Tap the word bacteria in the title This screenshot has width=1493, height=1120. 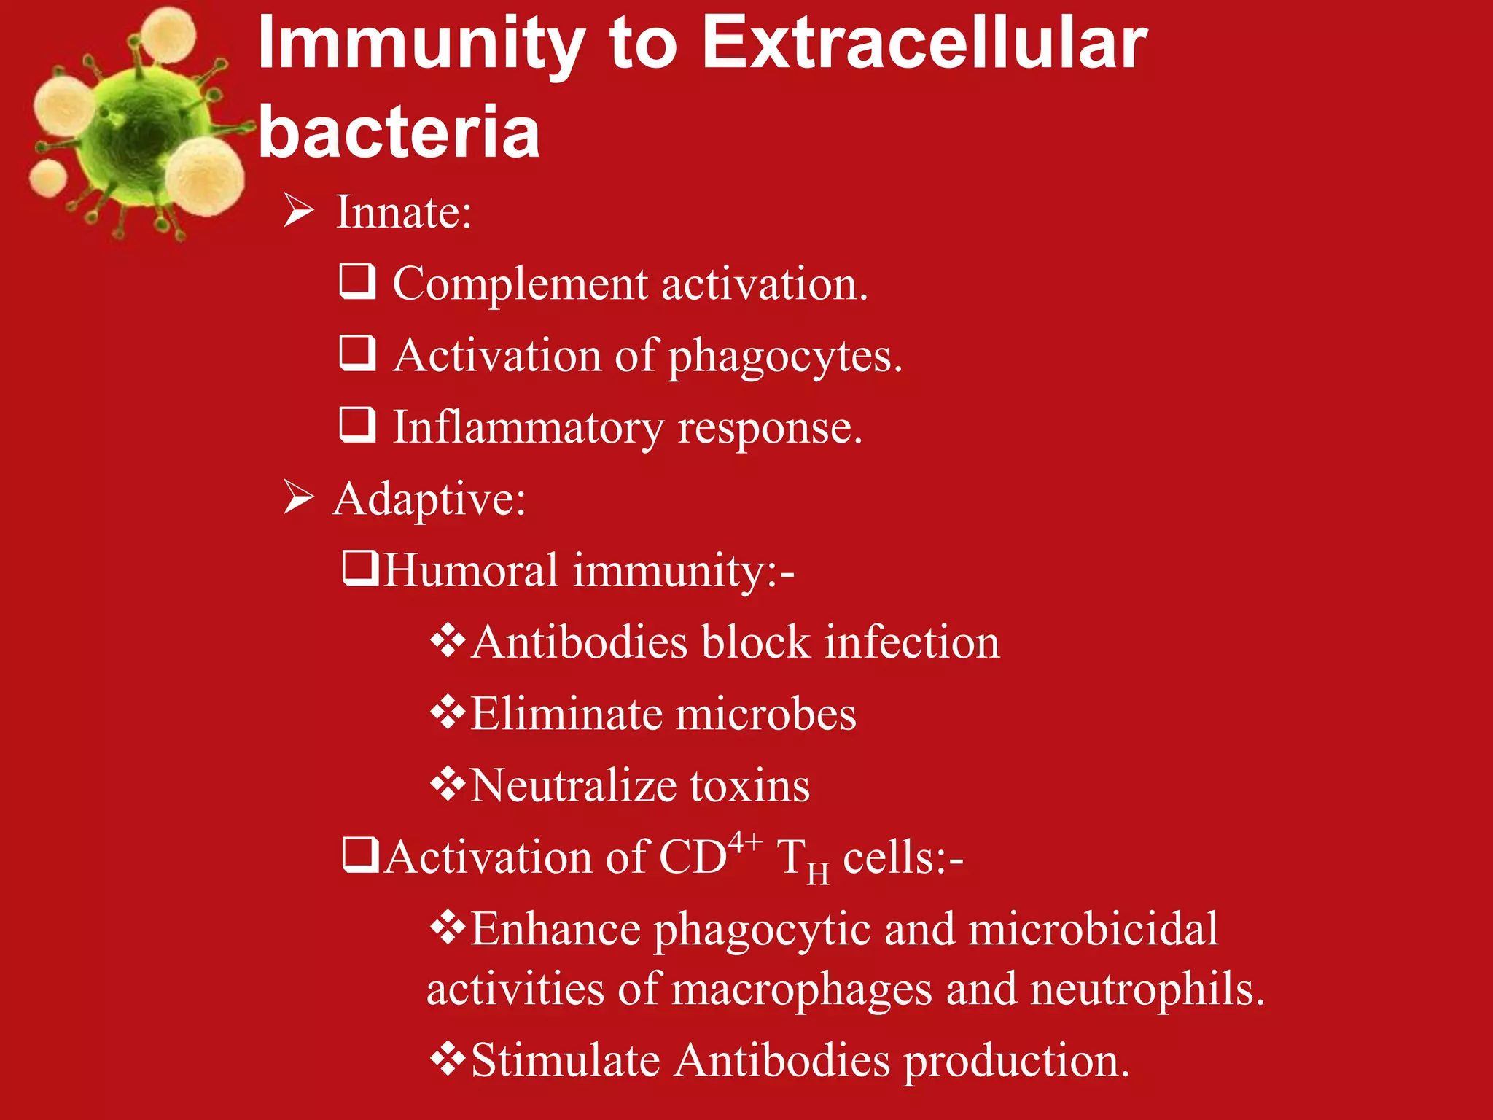(399, 131)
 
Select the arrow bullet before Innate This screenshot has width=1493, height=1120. (299, 211)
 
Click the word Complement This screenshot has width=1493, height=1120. (520, 284)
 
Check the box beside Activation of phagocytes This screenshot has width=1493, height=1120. (358, 354)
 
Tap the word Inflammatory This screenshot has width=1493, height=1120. (529, 428)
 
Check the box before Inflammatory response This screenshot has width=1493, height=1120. (358, 425)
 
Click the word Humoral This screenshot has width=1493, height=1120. (471, 569)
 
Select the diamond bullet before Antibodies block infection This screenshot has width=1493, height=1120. (447, 642)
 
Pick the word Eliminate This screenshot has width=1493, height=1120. (565, 713)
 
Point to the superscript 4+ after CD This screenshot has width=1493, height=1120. (745, 843)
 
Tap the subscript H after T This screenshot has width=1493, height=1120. (818, 872)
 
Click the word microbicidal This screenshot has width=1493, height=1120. (1093, 929)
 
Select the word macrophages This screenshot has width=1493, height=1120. (801, 989)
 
